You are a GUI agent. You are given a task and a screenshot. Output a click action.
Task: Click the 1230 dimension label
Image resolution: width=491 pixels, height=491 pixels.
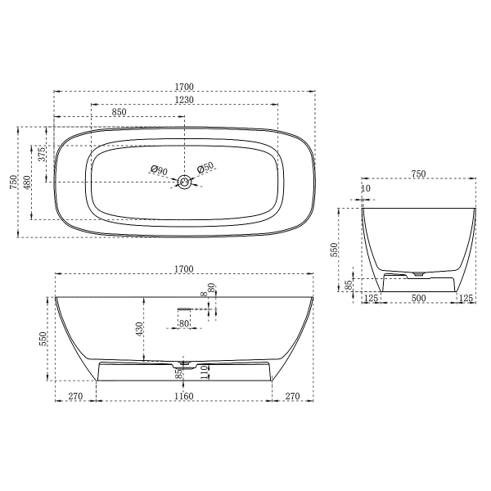coord(183,99)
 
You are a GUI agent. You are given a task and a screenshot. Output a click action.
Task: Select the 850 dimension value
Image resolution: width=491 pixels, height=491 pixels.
coord(119,112)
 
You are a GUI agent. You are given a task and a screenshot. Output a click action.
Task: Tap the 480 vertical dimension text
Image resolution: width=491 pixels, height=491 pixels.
coord(27,181)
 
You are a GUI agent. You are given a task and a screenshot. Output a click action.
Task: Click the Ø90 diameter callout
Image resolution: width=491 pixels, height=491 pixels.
coord(159,170)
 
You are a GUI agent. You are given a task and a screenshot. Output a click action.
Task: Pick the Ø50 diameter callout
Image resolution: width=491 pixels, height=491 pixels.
coord(205,166)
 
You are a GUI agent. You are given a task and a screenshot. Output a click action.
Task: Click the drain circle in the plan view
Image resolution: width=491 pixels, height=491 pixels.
coord(185,181)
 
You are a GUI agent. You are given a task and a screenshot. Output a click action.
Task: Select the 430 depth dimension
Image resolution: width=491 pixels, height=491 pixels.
coord(140,329)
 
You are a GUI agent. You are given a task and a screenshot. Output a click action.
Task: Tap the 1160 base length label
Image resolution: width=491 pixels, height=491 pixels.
coord(183,397)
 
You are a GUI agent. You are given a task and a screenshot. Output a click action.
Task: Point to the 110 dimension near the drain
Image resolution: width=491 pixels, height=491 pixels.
coord(205,372)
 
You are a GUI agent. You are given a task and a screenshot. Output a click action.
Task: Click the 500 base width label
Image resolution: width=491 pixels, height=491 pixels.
coord(418,298)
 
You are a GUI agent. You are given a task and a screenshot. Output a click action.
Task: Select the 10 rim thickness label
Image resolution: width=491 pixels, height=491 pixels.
coord(365,189)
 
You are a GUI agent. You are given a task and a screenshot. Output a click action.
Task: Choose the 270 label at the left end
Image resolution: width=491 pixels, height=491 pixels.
coord(75,397)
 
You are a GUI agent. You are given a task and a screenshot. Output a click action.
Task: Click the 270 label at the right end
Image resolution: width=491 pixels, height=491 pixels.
coord(293,397)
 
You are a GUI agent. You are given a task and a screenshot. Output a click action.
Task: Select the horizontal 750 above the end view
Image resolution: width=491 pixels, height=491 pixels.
coord(418,173)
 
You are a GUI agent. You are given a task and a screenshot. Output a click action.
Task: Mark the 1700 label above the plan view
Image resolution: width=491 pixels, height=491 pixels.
coord(183,84)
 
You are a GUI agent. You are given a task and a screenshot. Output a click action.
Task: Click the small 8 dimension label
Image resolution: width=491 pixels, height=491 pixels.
coord(200,295)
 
